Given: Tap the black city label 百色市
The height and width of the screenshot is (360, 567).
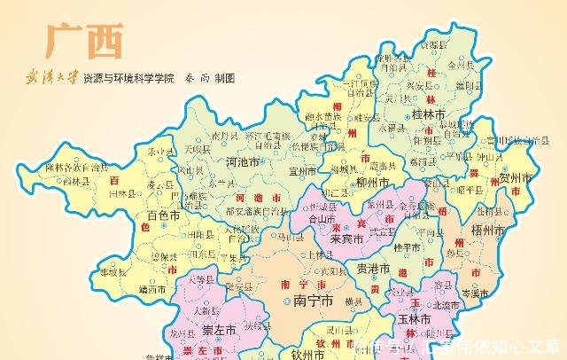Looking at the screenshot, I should [x=163, y=215].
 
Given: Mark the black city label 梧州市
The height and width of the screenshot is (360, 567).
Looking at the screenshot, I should [x=486, y=229].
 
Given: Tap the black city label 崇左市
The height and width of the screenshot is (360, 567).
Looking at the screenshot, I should [x=217, y=330].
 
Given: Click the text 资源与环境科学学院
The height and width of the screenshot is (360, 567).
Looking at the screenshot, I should [x=128, y=78].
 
